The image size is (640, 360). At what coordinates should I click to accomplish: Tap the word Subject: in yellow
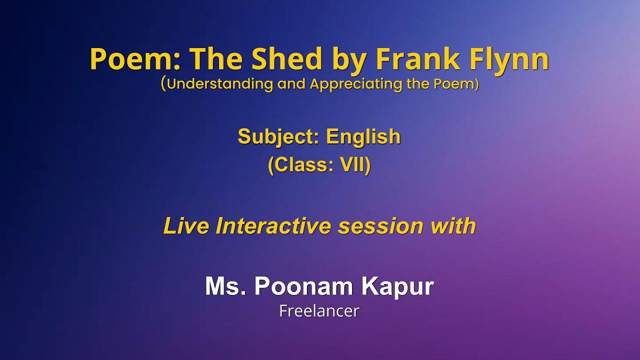pos(278,136)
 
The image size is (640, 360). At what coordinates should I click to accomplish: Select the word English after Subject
pos(363,136)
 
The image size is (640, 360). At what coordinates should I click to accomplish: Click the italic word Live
pos(186,226)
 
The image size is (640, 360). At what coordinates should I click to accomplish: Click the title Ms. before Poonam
pos(225,286)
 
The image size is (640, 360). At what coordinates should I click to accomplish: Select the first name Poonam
pos(304,286)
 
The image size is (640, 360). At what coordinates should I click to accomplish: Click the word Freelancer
pos(319,311)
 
